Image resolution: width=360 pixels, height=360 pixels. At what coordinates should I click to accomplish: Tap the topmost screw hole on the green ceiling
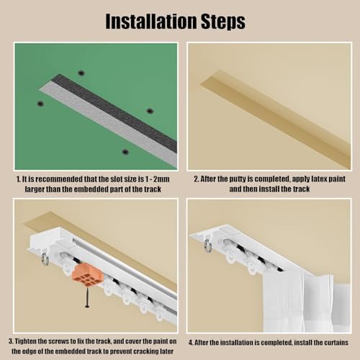pyautogui.click(x=81, y=73)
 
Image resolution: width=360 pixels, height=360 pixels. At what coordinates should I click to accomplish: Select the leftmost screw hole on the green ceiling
pyautogui.click(x=40, y=104)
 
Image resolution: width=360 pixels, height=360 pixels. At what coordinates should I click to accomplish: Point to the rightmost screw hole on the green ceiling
pyautogui.click(x=150, y=111)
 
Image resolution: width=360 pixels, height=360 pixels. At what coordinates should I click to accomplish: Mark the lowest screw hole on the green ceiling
pyautogui.click(x=125, y=152)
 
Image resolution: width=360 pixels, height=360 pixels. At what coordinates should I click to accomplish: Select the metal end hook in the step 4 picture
pyautogui.click(x=208, y=246)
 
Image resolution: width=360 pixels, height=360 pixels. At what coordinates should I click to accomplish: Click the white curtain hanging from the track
pyautogui.click(x=302, y=302)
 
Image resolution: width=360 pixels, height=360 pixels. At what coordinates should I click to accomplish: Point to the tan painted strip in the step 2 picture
pyautogui.click(x=274, y=108)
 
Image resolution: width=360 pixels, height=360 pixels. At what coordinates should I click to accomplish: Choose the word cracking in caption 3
pyautogui.click(x=135, y=351)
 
